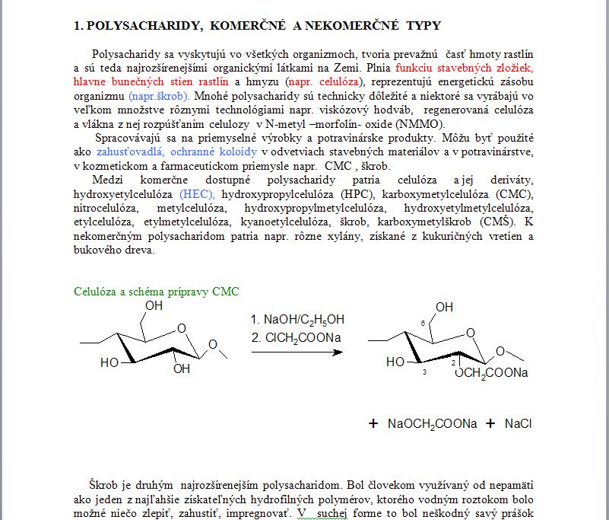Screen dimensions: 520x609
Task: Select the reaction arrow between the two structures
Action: pos(297,353)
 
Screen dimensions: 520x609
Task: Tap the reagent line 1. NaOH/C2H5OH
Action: pos(297,320)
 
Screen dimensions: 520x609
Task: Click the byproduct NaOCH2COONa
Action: pos(432,424)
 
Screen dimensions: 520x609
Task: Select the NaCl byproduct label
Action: pos(518,424)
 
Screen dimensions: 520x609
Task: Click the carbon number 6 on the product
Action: pos(422,324)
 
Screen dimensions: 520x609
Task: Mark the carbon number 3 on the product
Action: pos(424,372)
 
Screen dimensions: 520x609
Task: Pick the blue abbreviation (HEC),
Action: pos(197,195)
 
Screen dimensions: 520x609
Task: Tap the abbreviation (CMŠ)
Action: pos(497,222)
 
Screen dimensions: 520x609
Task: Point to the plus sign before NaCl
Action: pos(490,424)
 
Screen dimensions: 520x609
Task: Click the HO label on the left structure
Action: pos(109,363)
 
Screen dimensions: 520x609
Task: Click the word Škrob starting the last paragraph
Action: pos(106,484)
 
